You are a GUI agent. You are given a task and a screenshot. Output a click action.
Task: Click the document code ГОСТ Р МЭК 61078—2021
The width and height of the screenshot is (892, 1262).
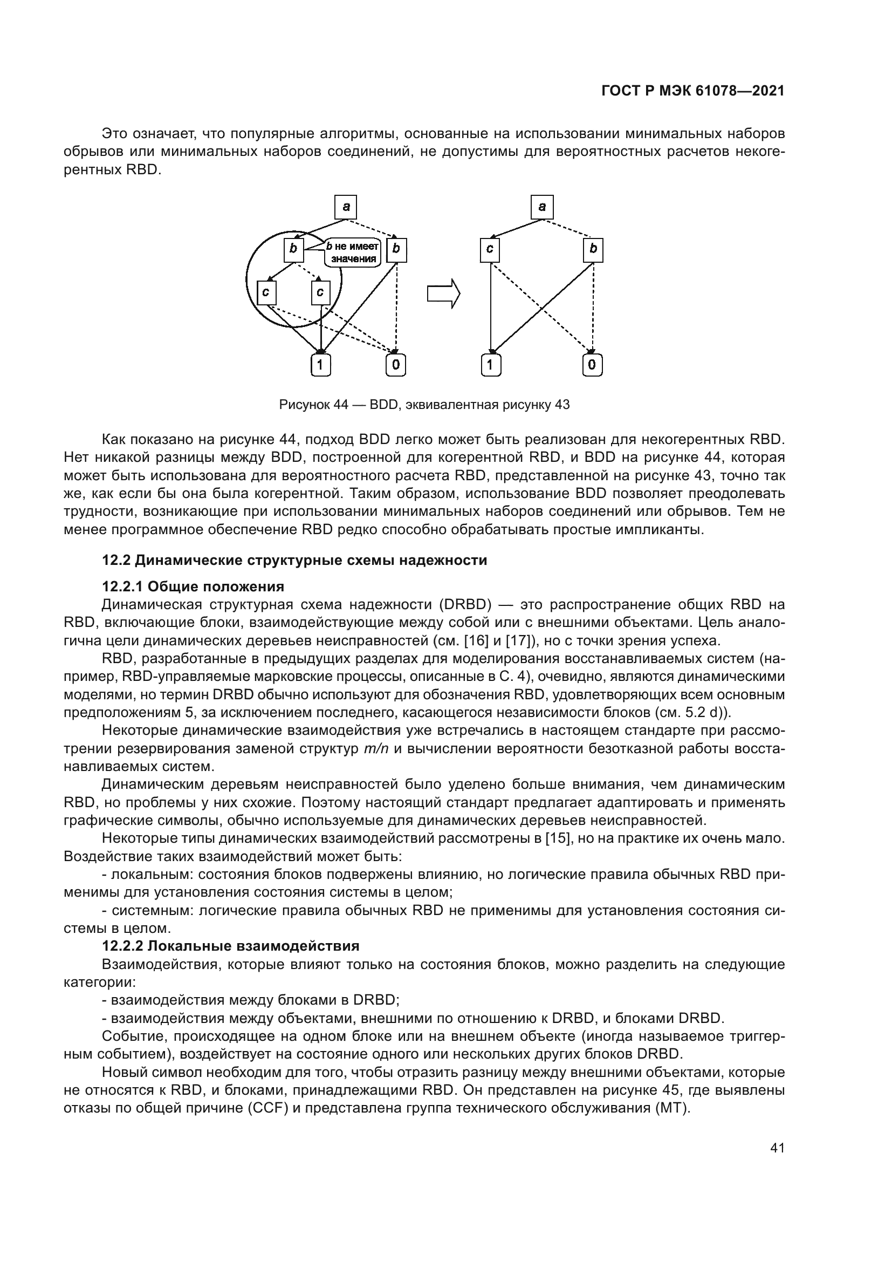pos(692,91)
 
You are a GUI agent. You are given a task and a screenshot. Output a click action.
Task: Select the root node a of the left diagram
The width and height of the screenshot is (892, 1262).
pos(346,207)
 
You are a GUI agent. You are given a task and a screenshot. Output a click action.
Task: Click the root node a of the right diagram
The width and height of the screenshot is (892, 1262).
pos(542,207)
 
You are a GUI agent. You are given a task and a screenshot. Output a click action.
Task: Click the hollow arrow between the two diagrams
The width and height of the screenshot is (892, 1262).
pos(443,294)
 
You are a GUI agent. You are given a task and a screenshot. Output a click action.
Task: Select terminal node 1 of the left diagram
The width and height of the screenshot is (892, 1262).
pos(321,365)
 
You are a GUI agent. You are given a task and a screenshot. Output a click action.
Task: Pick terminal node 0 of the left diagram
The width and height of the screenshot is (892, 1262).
pos(395,365)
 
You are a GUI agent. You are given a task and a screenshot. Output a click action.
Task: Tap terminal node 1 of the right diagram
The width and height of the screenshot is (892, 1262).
pos(490,365)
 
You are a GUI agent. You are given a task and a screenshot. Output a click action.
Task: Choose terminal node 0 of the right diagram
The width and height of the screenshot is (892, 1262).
pos(592,365)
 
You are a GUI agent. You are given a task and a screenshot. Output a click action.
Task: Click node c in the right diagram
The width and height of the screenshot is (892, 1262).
pos(489,250)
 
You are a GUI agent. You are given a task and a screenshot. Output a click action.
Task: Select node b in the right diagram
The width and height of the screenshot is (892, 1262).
pos(593,250)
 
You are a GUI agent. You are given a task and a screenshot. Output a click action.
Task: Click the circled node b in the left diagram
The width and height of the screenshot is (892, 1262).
pos(293,250)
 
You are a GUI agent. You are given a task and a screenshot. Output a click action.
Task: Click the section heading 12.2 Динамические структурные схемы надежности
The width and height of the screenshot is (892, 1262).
pos(294,561)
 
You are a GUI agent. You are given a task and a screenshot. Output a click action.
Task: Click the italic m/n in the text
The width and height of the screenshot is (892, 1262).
pos(376,749)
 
